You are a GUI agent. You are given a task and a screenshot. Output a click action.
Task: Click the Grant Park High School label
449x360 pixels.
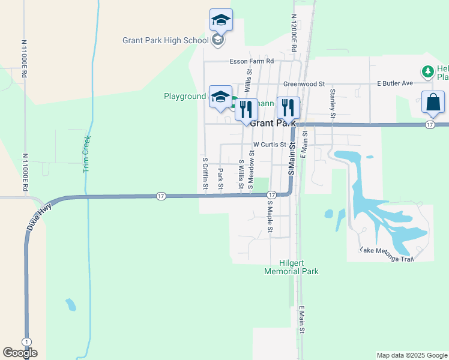(166, 41)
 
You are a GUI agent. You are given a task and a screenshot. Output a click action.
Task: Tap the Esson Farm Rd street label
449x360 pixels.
(252, 61)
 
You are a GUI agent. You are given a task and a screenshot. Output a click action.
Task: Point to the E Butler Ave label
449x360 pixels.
(395, 83)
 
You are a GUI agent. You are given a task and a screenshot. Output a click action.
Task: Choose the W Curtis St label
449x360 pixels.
(270, 145)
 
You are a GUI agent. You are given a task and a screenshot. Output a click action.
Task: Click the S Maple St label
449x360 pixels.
(270, 217)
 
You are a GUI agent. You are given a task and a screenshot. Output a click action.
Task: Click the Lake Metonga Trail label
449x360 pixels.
(387, 254)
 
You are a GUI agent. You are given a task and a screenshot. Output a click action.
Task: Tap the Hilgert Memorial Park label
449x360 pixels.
(291, 267)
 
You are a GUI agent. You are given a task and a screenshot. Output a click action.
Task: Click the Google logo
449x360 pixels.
(20, 353)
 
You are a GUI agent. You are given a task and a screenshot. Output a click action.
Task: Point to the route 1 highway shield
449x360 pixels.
(26, 341)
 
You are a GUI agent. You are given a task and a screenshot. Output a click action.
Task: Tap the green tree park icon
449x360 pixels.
(428, 72)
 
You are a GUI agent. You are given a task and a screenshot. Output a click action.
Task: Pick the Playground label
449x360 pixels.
(185, 96)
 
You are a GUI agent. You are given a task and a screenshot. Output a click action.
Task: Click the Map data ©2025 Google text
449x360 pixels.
(412, 355)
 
